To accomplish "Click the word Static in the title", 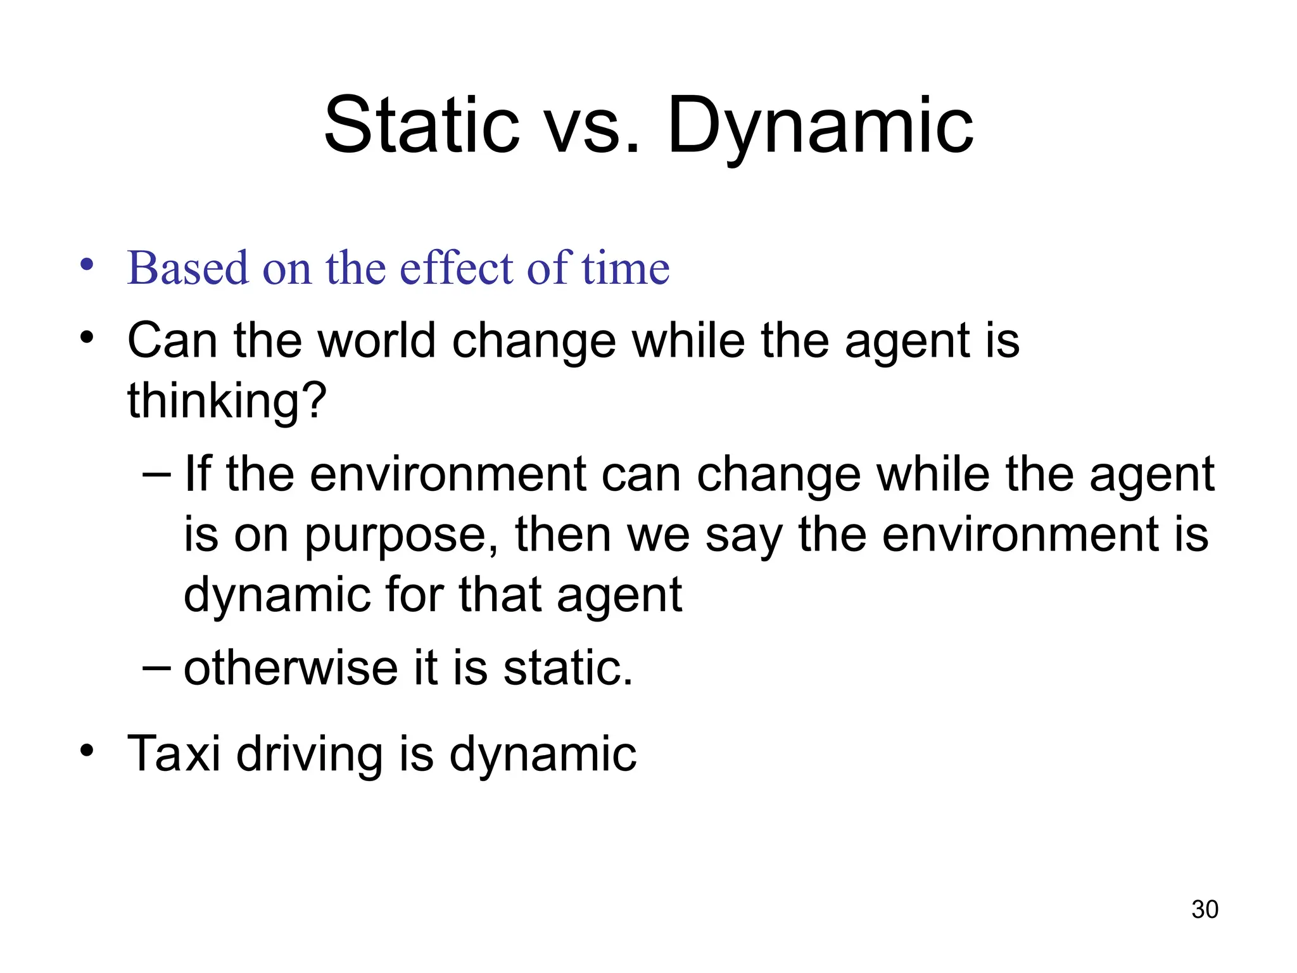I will point(421,125).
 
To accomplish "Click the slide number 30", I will point(1205,909).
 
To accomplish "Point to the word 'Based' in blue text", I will point(187,268).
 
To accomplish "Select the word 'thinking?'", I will point(227,401).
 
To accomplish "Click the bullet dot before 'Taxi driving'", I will point(87,751).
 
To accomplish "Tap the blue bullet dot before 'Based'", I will point(87,264).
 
